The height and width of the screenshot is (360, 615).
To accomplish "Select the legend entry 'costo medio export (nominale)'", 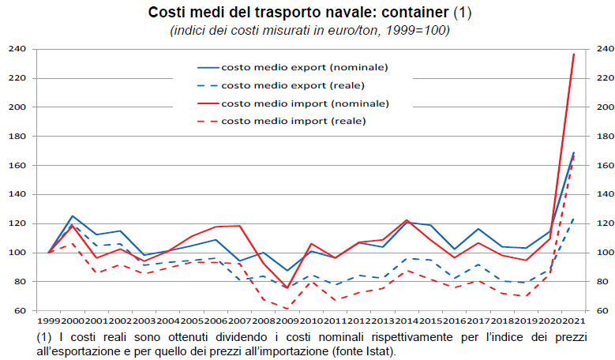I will (304, 67).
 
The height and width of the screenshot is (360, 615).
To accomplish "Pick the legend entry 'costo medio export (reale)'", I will (293, 85).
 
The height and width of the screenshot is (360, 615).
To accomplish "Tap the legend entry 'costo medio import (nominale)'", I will (304, 103).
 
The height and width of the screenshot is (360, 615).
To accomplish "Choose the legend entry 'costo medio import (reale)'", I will (293, 121).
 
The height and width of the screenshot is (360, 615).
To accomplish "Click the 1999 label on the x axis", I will (49, 322).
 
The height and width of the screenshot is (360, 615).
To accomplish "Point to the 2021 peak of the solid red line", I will (573, 54).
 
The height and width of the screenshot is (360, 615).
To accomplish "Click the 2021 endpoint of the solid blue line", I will (573, 152).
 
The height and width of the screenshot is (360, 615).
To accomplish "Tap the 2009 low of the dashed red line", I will (287, 309).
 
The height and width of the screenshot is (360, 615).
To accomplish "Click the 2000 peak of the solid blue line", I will (72, 216).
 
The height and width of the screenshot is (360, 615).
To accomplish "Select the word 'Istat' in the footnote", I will (380, 351).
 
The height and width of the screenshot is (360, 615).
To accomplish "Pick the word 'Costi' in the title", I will (167, 13).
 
